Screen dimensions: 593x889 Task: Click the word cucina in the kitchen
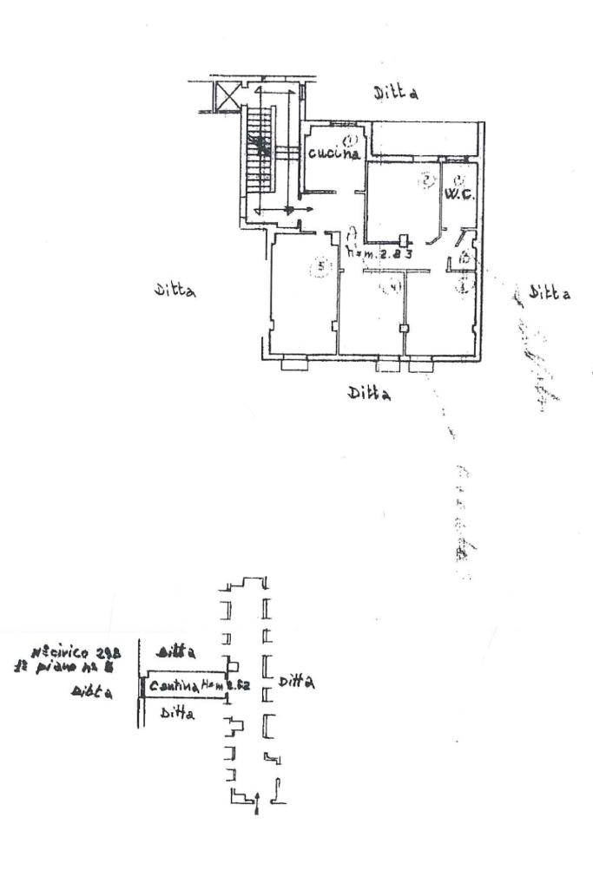[333, 154]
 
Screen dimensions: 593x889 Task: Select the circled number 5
[321, 267]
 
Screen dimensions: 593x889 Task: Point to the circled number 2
[426, 181]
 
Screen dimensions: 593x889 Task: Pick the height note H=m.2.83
[379, 253]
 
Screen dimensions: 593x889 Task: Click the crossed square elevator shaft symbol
[227, 94]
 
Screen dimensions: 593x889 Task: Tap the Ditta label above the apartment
[396, 92]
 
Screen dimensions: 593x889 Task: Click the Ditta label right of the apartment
[550, 293]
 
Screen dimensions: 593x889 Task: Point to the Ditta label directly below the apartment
[368, 393]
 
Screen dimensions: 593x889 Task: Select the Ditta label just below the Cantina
[178, 714]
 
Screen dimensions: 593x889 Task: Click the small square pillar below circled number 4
[403, 329]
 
